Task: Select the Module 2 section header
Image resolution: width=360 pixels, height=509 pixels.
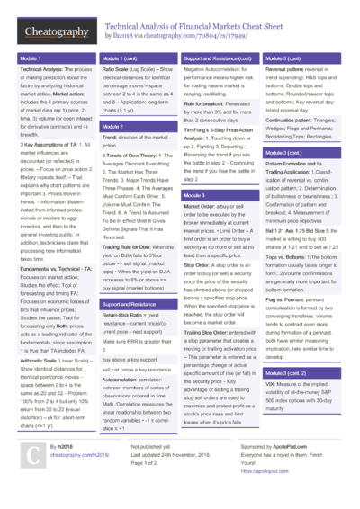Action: pyautogui.click(x=112, y=127)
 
